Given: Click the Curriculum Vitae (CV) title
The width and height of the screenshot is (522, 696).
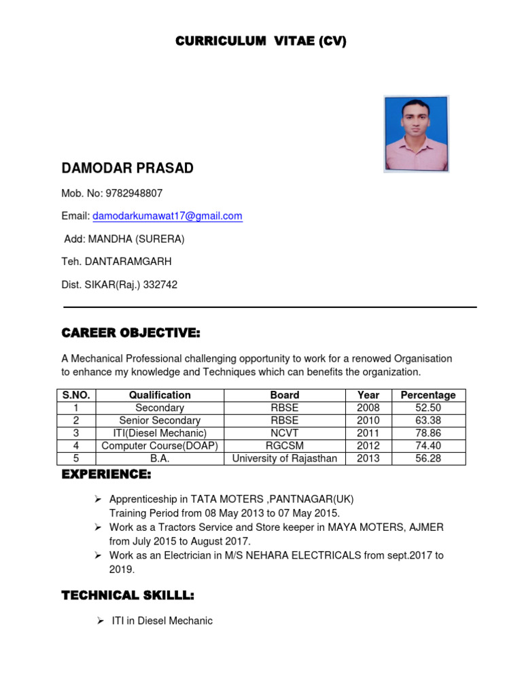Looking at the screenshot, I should coord(261,41).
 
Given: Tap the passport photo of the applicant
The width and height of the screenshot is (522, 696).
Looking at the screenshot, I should coord(416,134).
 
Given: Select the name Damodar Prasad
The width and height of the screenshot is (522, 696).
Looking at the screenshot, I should coord(127,169).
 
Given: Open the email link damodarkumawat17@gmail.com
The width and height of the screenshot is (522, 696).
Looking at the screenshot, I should coord(167,216).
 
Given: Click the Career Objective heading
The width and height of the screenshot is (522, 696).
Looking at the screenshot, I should coord(130,333).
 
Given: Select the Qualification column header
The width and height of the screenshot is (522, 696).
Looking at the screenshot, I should coord(160,395).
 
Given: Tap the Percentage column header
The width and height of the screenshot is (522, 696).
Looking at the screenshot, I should coord(428,395).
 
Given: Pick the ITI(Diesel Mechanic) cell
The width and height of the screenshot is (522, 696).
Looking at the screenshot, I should coord(160,433).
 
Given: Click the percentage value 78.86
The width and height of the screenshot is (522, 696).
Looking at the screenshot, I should coord(428,433).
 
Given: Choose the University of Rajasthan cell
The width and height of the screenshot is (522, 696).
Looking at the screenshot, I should coord(284,458).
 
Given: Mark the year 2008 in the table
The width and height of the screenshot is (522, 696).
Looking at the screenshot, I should coord(368,408).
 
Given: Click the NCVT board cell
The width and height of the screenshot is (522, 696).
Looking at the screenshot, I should coord(284,433).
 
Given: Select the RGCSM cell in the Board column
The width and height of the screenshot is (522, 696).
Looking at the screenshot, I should coord(284,446).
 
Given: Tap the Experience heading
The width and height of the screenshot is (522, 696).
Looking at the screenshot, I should coord(106,474).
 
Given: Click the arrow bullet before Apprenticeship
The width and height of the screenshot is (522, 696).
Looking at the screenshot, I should coord(97,500).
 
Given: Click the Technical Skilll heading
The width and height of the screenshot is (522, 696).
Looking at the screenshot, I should coord(128,596).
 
